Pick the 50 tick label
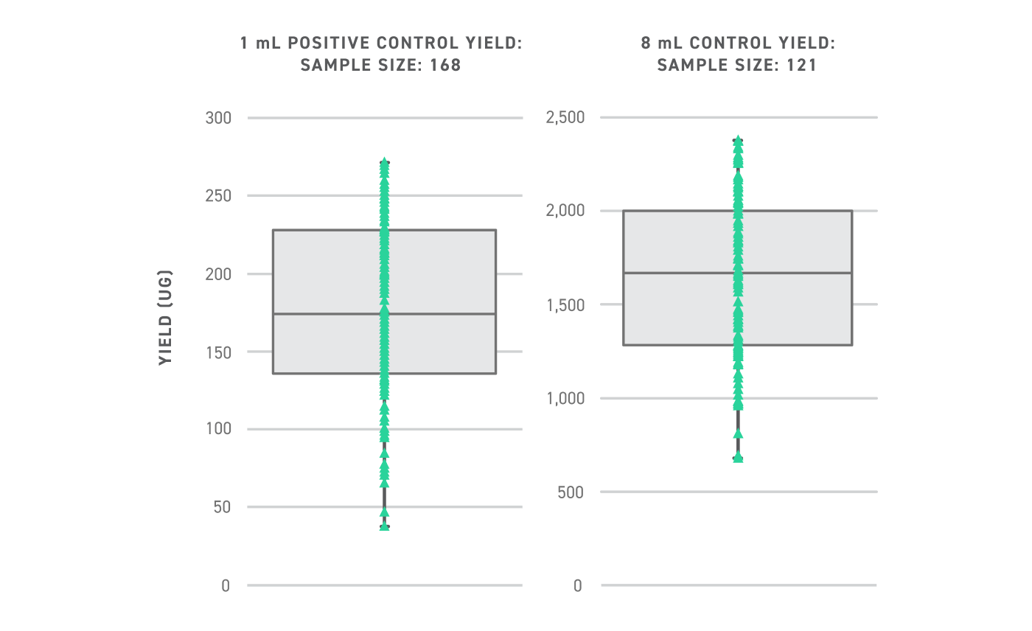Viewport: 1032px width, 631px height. click(220, 507)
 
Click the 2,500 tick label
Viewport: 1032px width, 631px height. click(565, 117)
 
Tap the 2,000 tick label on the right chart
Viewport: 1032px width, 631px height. click(565, 211)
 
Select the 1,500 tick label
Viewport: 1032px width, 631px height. click(565, 304)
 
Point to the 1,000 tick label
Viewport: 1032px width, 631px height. click(565, 398)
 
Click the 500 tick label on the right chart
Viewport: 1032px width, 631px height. click(571, 492)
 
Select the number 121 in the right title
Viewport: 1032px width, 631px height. click(801, 65)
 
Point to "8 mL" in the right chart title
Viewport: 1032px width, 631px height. click(659, 43)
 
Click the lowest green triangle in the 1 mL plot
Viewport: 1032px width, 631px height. click(384, 527)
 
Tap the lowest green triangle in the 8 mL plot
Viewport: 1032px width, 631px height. click(738, 458)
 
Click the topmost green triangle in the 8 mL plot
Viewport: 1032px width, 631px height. click(738, 139)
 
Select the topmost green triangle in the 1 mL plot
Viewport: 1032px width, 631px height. click(384, 161)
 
